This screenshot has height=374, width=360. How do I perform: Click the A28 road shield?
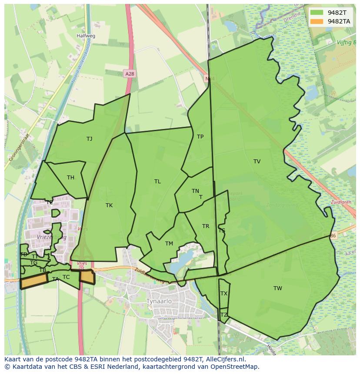[129, 74]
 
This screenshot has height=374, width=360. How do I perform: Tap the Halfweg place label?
[86, 36]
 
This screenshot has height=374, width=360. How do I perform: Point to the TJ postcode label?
[89, 139]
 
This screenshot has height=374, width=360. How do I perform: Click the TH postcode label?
[70, 177]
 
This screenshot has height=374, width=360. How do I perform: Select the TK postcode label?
[109, 205]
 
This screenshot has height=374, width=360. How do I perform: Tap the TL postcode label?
[157, 181]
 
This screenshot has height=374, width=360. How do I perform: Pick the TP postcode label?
[200, 136]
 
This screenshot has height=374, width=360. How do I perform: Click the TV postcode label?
[257, 161]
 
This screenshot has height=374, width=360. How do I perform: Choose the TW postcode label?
[278, 288]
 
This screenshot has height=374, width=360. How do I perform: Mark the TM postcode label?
[169, 243]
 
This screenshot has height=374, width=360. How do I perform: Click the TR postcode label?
[206, 226]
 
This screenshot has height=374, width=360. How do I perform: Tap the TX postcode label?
[224, 294]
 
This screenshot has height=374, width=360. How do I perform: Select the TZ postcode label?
[224, 315]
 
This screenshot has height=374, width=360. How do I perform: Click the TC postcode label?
[66, 277]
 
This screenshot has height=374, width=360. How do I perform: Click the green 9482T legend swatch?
[317, 13]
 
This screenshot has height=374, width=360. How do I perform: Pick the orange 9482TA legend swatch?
[317, 21]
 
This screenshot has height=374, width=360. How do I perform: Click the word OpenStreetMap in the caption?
[235, 367]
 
